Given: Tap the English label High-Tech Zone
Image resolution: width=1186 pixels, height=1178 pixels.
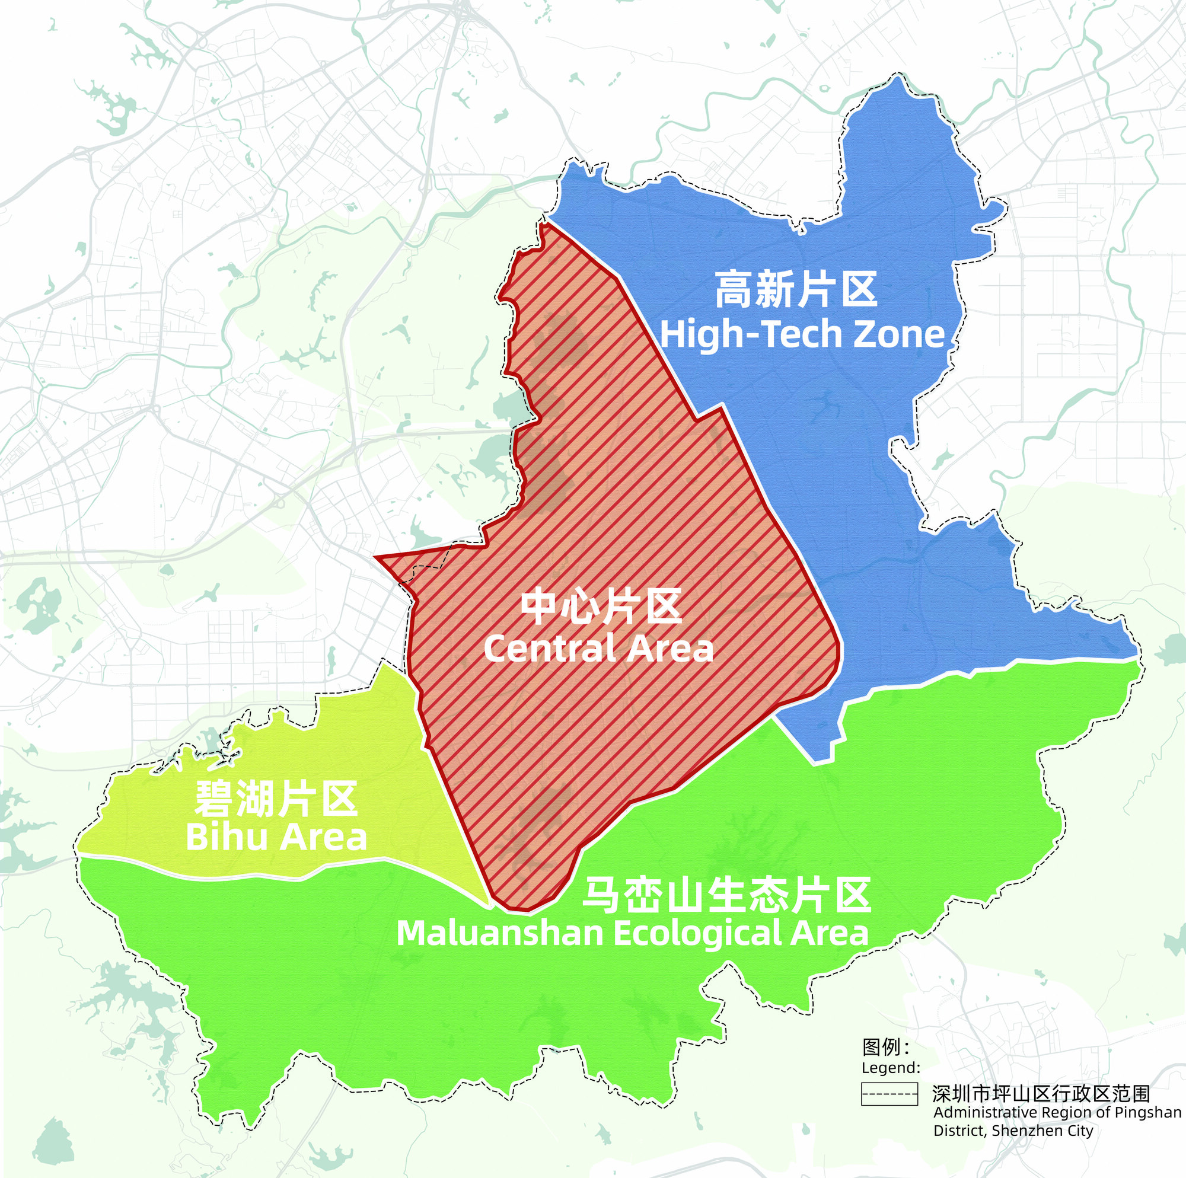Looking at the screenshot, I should click(802, 334).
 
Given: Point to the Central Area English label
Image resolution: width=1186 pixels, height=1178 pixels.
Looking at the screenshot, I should click(598, 649).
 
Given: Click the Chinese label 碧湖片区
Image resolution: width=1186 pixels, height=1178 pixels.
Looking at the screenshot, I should click(276, 799).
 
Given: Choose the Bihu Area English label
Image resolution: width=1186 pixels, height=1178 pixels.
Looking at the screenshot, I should click(276, 837).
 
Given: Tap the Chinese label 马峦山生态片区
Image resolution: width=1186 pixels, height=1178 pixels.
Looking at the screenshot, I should click(726, 896).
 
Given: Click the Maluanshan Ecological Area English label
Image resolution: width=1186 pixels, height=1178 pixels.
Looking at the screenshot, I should click(632, 934).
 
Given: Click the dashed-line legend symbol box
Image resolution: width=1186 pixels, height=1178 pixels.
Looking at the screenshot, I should click(889, 1094).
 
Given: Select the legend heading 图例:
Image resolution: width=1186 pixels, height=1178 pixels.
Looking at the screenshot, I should click(885, 1046).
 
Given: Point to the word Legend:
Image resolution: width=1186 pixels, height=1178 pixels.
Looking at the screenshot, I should click(891, 1068).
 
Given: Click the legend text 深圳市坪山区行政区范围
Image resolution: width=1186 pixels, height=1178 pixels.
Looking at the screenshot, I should click(1041, 1093).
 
